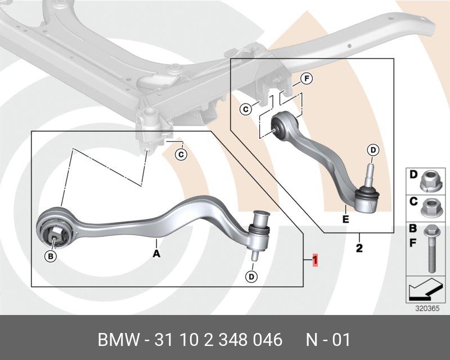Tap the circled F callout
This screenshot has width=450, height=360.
(307, 79)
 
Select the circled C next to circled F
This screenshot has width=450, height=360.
(246, 109)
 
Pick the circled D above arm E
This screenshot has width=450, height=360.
(373, 150)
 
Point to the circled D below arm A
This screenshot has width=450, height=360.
(251, 276)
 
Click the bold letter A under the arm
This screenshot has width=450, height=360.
(156, 254)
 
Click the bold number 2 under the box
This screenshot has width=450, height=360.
(359, 247)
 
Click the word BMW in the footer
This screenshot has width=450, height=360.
(118, 340)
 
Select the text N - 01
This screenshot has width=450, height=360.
(327, 340)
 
